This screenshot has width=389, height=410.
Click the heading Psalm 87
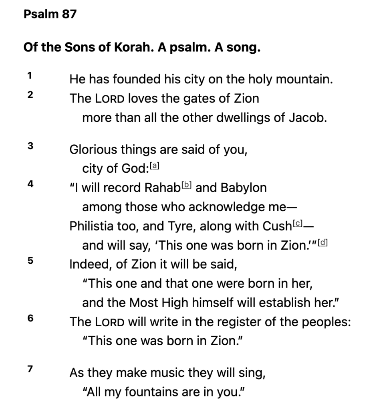50,15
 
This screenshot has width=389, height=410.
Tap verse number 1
30,75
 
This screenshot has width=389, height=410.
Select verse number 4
30,184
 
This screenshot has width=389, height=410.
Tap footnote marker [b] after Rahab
187,185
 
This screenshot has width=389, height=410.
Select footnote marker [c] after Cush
297,223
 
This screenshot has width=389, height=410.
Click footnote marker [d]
322,242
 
